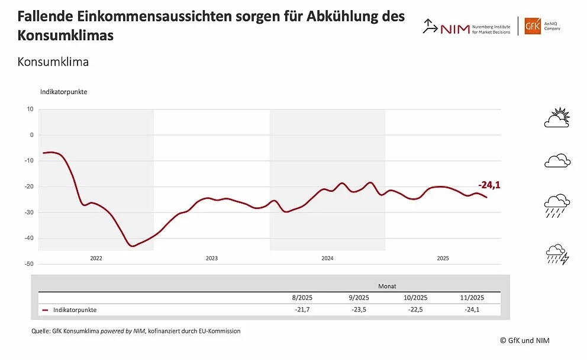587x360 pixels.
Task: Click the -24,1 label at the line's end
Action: tap(489, 184)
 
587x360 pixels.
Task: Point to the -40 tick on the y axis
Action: tap(30, 238)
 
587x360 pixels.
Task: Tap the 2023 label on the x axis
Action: tap(211, 258)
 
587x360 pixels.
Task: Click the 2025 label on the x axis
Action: tap(443, 258)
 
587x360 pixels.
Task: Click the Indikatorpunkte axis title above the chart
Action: tap(64, 92)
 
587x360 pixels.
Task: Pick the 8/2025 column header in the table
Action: tap(301, 298)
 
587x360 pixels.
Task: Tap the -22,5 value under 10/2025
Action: tap(415, 310)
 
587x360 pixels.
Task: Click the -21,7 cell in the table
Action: tap(301, 310)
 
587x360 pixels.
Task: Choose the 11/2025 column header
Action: tap(473, 298)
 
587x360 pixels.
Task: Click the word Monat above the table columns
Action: tap(388, 285)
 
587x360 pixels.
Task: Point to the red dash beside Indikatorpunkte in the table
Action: tap(46, 310)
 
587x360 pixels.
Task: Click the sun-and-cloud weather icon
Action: tap(557, 118)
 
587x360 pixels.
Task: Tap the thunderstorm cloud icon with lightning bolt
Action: tap(557, 255)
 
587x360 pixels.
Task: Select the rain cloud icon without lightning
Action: tap(557, 204)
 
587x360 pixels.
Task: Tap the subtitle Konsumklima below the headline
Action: tap(53, 62)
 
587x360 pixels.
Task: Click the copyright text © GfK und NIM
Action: tap(524, 340)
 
